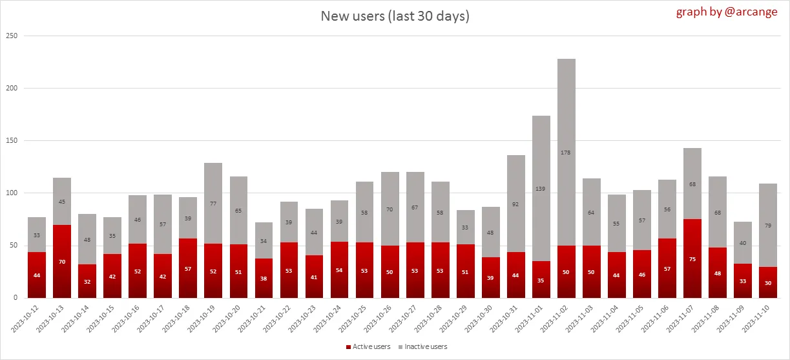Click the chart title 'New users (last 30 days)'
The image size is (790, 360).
tap(395, 16)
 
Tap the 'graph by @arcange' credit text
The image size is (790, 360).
tap(727, 12)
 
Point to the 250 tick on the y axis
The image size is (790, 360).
tap(11, 36)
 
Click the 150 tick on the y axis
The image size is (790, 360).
tap(11, 140)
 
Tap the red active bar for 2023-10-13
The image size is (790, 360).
tap(62, 261)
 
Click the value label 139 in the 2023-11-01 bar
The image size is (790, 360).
tap(541, 189)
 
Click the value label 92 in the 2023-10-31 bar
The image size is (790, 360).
tap(516, 204)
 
